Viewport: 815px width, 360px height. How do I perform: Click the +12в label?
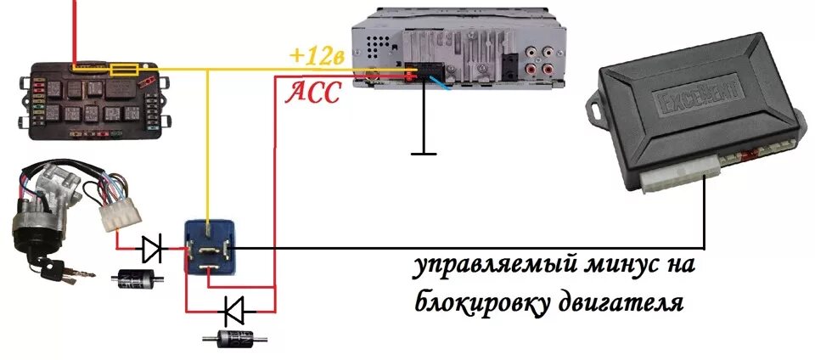(317, 56)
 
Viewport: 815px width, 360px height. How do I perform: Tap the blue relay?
(211, 245)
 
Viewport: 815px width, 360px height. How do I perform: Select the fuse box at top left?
(93, 99)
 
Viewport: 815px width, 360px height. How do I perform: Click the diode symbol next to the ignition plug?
(154, 249)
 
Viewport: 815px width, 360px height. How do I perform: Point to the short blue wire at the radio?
(441, 82)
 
